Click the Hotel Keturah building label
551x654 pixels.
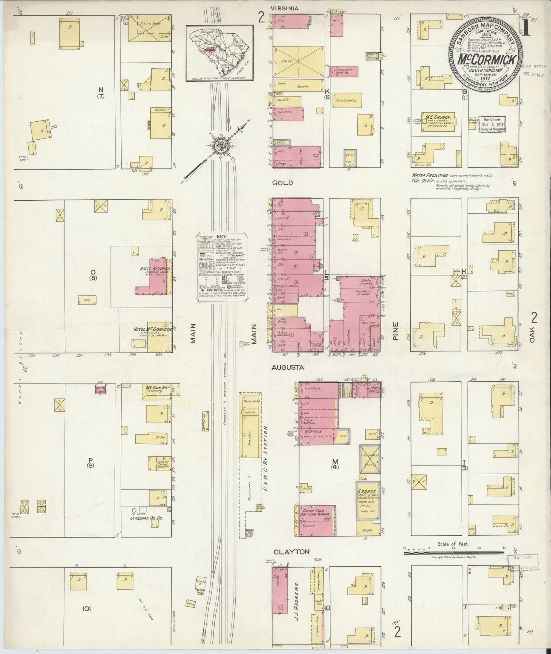pos(154,269)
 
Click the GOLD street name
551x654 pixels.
pos(283,183)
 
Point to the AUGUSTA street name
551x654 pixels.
pos(288,367)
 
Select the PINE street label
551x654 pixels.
pos(396,331)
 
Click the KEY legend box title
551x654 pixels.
pos(221,237)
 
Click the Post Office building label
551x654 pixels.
pos(374,390)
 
